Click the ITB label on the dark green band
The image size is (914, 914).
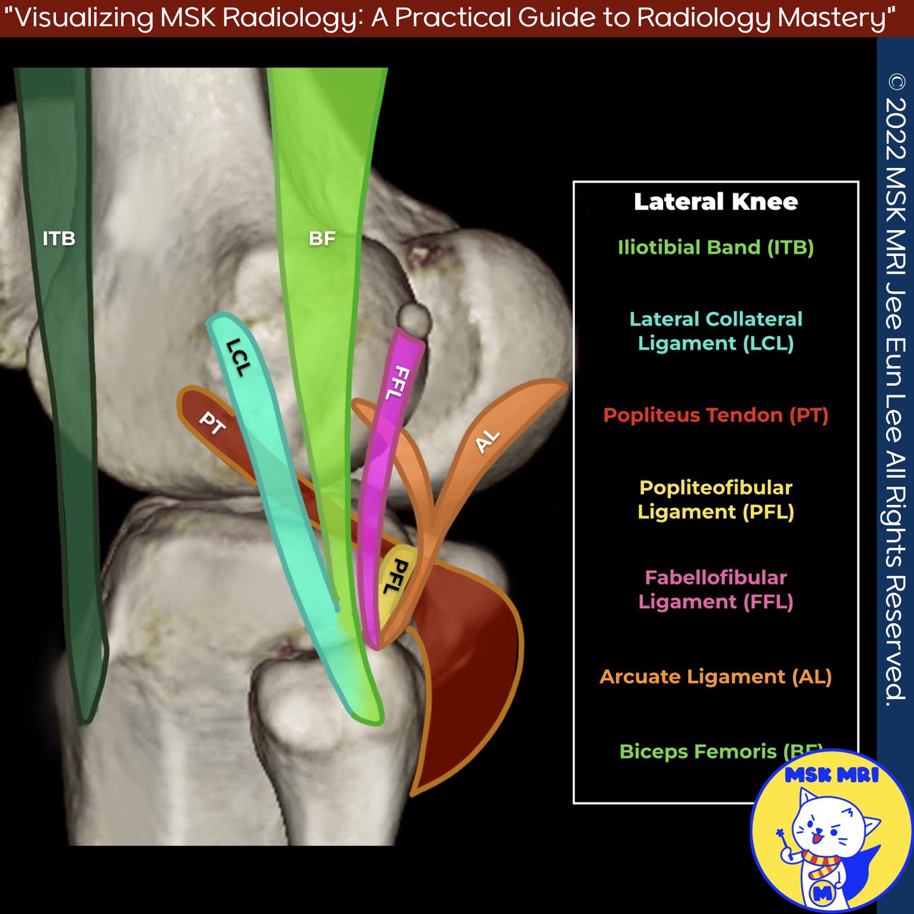click(x=59, y=238)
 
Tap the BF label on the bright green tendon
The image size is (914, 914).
click(x=322, y=238)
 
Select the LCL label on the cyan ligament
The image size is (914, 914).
click(x=238, y=358)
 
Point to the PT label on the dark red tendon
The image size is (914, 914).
click(x=212, y=423)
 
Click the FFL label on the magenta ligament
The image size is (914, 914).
click(x=398, y=383)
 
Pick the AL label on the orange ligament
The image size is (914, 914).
click(x=487, y=442)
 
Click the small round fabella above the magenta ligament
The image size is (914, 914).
click(x=414, y=319)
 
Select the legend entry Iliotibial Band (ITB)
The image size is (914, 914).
click(x=715, y=247)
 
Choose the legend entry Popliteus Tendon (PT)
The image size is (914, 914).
click(x=715, y=415)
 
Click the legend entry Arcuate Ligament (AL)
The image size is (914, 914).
click(x=715, y=676)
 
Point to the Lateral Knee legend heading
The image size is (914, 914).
click(x=715, y=202)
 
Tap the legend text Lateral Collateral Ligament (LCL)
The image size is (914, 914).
click(x=715, y=331)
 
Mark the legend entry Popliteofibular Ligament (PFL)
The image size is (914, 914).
click(x=715, y=499)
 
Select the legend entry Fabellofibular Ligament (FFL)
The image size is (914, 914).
click(x=715, y=589)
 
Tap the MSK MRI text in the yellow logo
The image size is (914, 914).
click(x=831, y=775)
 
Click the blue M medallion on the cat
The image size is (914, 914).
click(x=823, y=893)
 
